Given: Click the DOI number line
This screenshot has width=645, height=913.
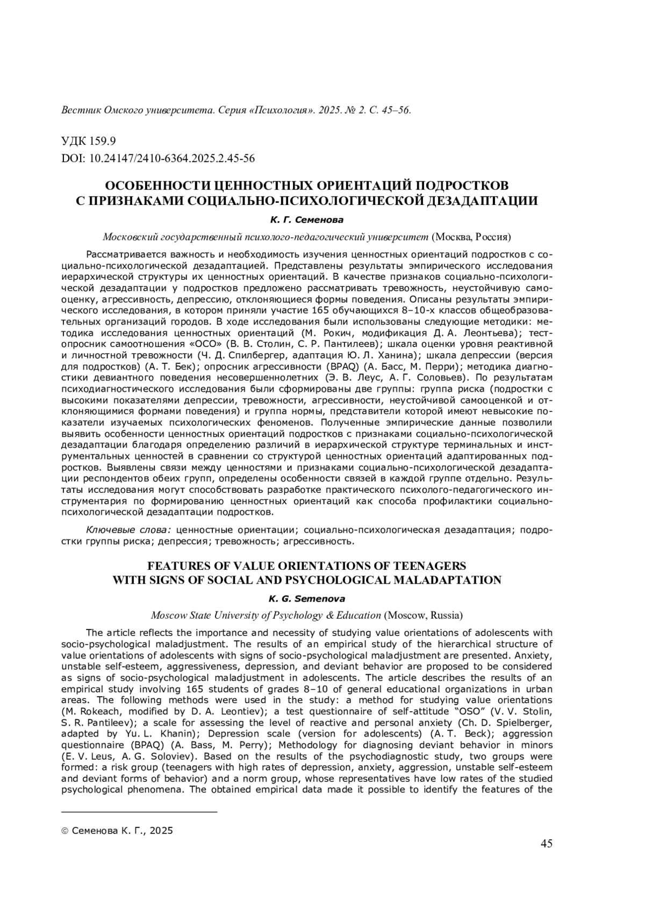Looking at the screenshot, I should (158, 158).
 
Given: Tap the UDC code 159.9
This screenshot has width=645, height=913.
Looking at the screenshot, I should (89, 141).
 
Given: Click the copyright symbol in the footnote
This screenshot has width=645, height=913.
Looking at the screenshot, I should (65, 831).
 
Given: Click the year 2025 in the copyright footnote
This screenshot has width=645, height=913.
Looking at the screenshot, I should (161, 831).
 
